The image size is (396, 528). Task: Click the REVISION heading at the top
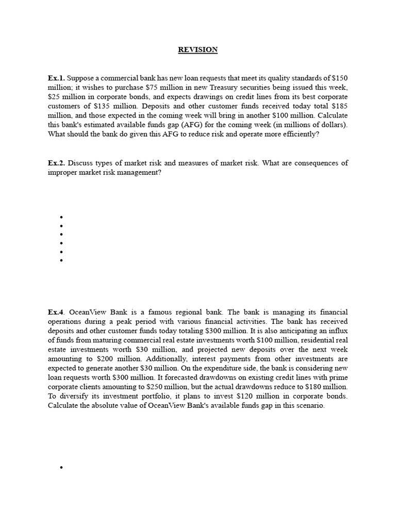198,50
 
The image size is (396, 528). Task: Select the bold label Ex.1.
56,78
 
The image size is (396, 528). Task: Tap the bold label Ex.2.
56,163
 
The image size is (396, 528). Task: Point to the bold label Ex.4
56,312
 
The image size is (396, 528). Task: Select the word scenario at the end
308,405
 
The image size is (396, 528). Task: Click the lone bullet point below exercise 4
61,468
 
